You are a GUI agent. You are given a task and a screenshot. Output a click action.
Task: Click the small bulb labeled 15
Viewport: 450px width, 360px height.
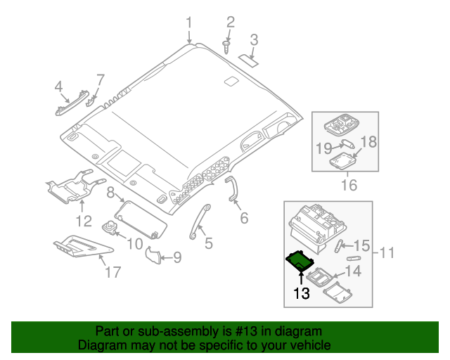click(x=340, y=245)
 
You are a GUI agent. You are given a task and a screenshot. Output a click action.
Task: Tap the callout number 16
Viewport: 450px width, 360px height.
click(x=348, y=186)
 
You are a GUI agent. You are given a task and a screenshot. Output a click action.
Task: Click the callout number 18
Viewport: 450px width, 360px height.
click(x=368, y=142)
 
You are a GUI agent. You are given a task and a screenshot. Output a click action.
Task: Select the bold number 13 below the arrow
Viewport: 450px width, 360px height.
click(x=302, y=293)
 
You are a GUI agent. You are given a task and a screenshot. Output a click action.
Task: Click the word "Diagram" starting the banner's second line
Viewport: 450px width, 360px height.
click(x=101, y=345)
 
